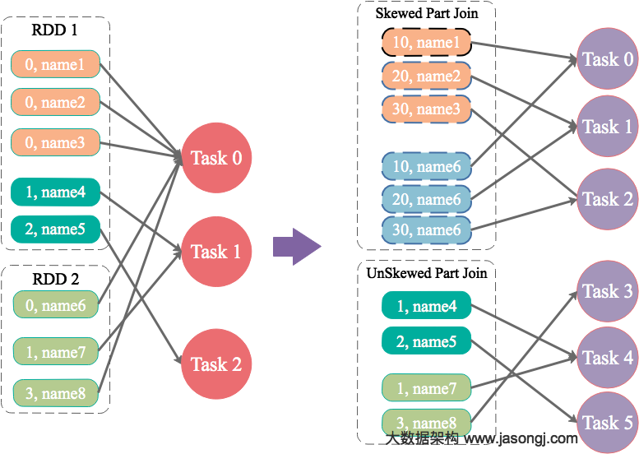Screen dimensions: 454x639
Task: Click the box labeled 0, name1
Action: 55,64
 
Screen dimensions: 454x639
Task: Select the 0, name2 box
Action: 55,103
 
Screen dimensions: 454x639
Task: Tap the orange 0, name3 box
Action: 55,142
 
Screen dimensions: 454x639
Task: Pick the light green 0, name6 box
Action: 55,306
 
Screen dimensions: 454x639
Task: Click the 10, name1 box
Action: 426,43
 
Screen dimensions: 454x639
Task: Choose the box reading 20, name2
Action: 426,76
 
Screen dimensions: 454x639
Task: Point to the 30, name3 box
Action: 426,109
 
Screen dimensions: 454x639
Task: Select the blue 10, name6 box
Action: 426,166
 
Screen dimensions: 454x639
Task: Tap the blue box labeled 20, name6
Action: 426,199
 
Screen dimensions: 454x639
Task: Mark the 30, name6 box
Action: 426,230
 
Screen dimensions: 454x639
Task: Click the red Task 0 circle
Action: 216,158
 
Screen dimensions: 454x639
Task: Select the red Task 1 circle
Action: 216,252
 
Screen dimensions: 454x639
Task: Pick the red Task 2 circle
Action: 216,364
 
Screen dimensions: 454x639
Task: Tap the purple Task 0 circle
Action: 608,59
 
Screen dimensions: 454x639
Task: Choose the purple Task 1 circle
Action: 608,127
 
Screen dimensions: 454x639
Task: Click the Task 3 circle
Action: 608,291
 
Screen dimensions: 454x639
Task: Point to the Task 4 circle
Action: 608,358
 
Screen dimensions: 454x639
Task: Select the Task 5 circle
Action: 608,423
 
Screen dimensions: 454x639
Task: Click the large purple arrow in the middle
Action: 295,246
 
